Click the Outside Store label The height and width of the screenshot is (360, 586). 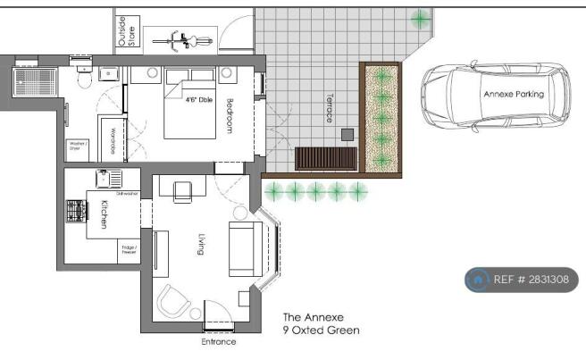[x=128, y=30]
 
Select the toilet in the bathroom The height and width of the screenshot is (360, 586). [x=84, y=80]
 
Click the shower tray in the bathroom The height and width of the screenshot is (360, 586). [x=35, y=81]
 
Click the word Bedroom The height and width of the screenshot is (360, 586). [x=230, y=115]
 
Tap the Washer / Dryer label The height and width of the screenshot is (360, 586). [x=78, y=147]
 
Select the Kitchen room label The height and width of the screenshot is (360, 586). [x=105, y=214]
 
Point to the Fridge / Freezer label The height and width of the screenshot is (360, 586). [x=130, y=251]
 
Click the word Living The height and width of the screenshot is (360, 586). [x=202, y=244]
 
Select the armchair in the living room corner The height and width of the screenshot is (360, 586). [x=173, y=301]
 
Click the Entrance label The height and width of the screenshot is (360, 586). [x=219, y=341]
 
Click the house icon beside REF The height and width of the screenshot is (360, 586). [x=478, y=280]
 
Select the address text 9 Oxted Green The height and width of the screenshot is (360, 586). [x=322, y=331]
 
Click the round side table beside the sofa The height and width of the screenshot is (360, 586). [x=240, y=213]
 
